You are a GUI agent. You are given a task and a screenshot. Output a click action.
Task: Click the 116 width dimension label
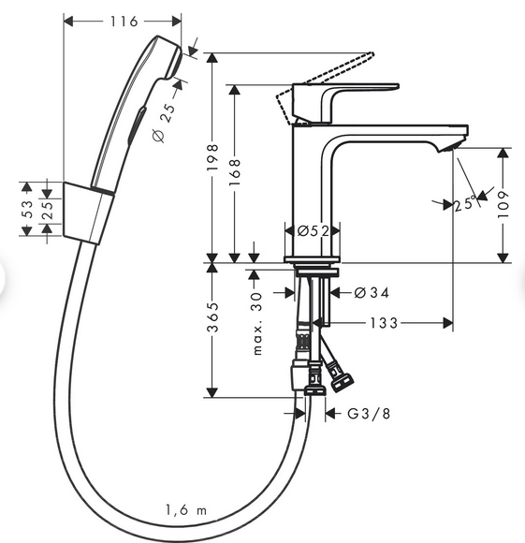[124, 21]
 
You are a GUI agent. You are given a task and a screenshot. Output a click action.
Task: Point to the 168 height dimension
[235, 174]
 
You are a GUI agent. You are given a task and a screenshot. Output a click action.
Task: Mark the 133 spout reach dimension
[384, 323]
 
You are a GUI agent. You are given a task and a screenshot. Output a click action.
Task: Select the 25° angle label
[463, 203]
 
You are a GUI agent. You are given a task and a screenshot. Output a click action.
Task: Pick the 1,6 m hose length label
[185, 511]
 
